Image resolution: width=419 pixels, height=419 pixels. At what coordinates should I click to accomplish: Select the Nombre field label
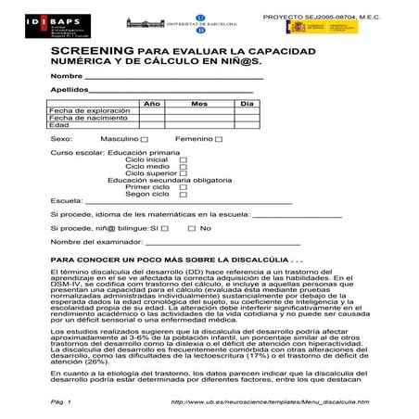click(67, 75)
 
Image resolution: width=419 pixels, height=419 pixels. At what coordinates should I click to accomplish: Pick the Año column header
click(152, 103)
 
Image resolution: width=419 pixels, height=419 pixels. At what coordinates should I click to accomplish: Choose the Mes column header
click(198, 103)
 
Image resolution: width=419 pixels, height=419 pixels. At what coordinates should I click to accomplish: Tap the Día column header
click(247, 103)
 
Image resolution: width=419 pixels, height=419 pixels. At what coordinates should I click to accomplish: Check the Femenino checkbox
click(219, 139)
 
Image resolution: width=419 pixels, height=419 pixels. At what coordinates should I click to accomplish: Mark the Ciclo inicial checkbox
click(183, 160)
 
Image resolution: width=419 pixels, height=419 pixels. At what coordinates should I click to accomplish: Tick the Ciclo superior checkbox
click(183, 173)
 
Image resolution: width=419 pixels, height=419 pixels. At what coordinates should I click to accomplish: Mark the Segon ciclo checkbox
click(183, 194)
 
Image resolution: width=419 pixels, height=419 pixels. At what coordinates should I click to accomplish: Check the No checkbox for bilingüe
click(192, 227)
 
